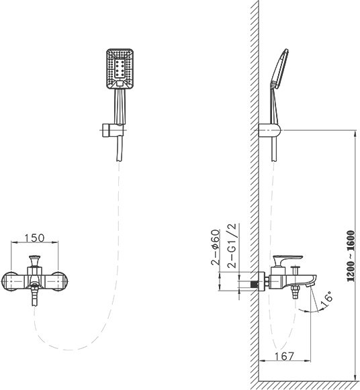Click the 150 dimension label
point(34,238)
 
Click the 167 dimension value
point(284,356)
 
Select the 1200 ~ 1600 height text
point(351,256)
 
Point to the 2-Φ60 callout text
point(216,247)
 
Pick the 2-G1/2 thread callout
point(232,245)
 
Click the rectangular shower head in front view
point(120,68)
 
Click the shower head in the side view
point(279,68)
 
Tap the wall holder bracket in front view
point(114,130)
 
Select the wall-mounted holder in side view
point(269,130)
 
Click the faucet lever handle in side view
point(287,260)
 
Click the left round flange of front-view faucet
point(9,281)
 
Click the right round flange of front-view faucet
point(60,281)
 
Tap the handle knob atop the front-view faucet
point(34,260)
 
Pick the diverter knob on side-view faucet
point(296,270)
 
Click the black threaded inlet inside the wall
point(255,284)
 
